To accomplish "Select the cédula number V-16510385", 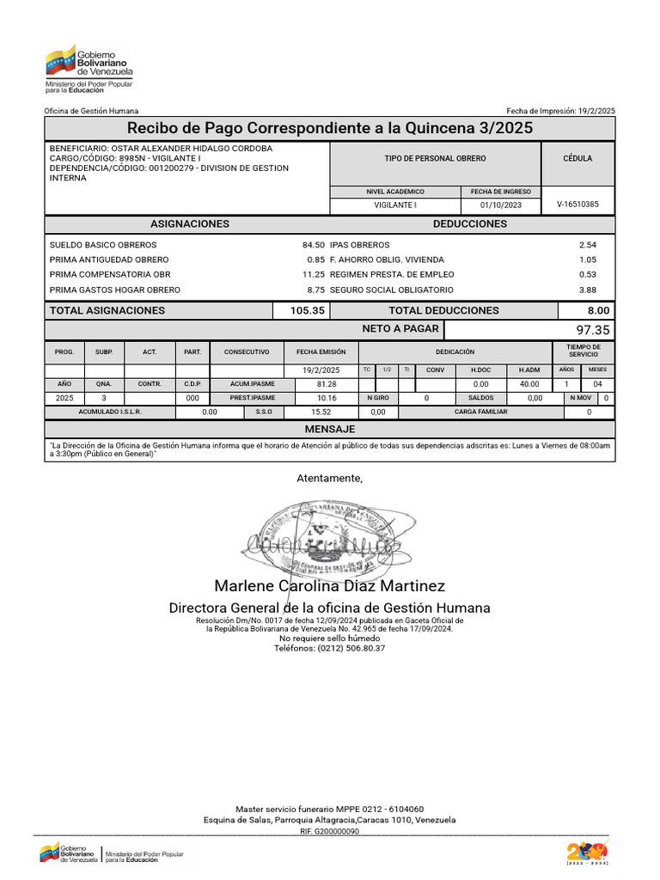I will pos(577,205).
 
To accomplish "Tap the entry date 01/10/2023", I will pos(501,205).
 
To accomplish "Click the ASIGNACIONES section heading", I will pos(189,223).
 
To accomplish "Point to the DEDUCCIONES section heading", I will pos(469,223).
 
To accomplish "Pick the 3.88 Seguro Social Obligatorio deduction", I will pos(588,290).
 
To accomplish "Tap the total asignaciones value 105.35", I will pos(308,310).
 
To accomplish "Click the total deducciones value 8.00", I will pos(598,310).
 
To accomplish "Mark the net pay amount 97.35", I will pos(593,330).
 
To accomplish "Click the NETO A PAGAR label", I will pos(400,329).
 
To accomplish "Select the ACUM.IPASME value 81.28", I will pos(327,383).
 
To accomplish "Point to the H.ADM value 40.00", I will pos(529,383).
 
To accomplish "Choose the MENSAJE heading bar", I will pos(330,429).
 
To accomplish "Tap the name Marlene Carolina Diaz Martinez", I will pos(330,586).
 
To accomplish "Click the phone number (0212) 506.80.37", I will pos(330,648).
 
